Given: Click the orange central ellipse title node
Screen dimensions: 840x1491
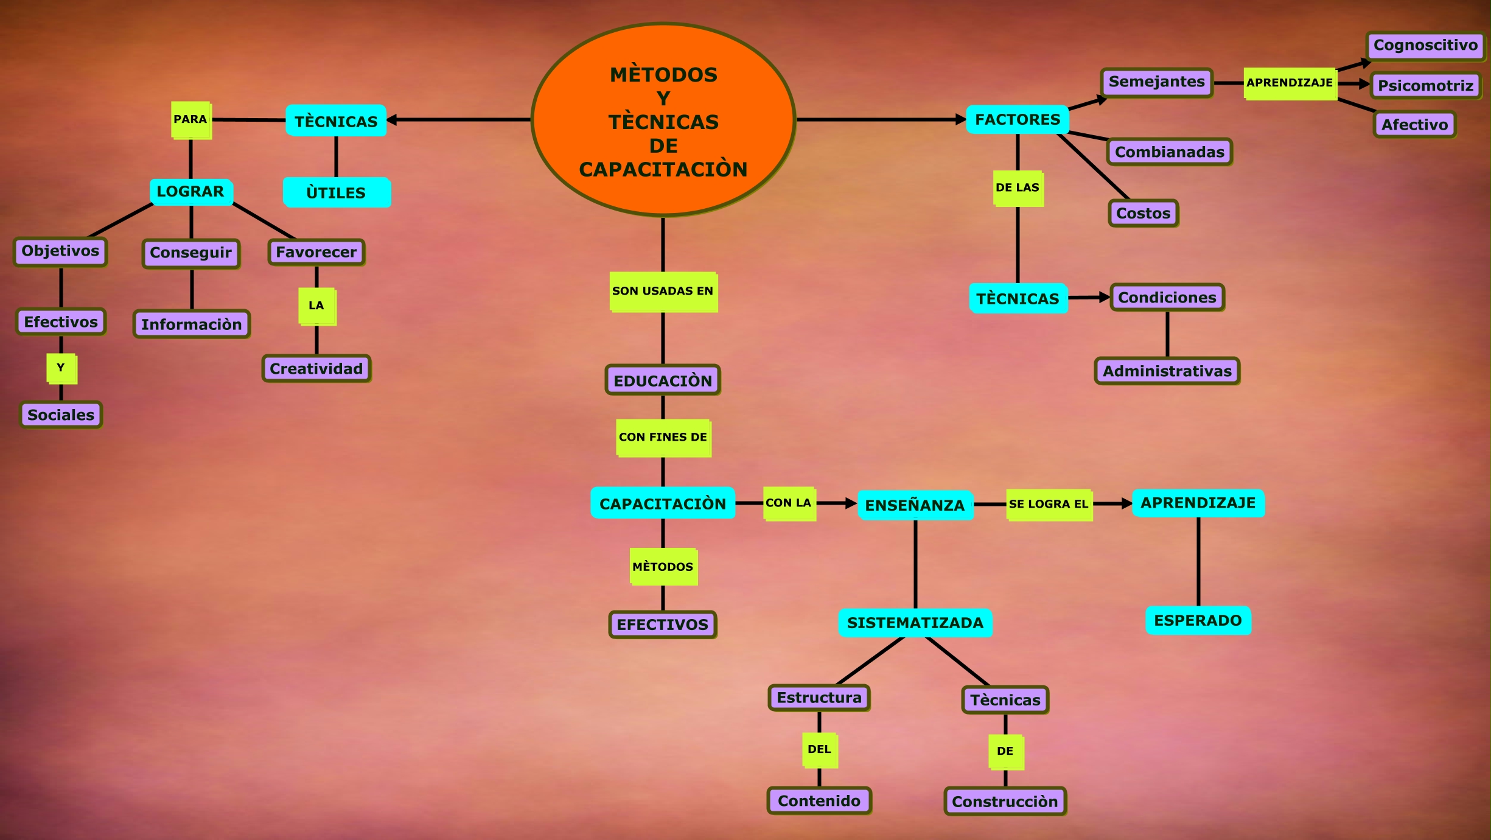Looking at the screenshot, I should (663, 120).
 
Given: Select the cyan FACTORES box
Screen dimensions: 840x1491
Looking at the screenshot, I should (1017, 119).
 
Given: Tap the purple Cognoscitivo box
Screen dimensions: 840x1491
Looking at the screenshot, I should (1425, 46).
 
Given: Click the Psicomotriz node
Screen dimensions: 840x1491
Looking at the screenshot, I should (1425, 85).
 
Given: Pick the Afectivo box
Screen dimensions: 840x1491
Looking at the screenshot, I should (1414, 125).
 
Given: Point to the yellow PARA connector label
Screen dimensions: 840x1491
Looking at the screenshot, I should (190, 119).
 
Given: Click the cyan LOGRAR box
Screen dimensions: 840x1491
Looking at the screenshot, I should (190, 192).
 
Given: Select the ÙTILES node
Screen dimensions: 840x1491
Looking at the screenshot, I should (336, 192).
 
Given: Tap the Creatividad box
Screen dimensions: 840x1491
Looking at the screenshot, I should (316, 368).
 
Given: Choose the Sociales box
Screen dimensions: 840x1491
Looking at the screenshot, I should (61, 415).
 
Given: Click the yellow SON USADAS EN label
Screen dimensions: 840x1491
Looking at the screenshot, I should (663, 291).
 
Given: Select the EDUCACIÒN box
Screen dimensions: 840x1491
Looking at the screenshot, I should (663, 380).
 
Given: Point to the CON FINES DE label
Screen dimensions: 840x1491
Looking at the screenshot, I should (663, 437).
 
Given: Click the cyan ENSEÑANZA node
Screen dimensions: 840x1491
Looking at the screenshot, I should (915, 505).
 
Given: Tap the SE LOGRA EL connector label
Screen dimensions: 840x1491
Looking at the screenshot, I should (1049, 504).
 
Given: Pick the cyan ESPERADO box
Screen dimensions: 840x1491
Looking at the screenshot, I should (1198, 620).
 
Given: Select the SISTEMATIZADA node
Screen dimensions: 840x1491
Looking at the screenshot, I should (915, 623).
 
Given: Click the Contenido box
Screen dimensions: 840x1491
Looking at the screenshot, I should (819, 800).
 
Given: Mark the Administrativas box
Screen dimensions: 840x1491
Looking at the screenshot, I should (1167, 371).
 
